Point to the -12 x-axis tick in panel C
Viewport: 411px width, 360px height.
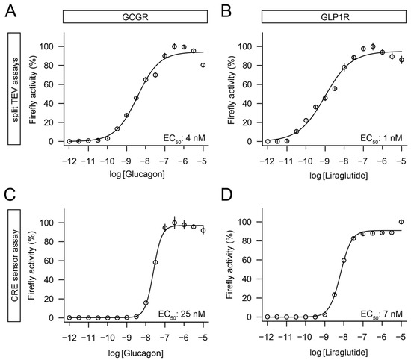[x=69, y=332]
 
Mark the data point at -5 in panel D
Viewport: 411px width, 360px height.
[x=402, y=222]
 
